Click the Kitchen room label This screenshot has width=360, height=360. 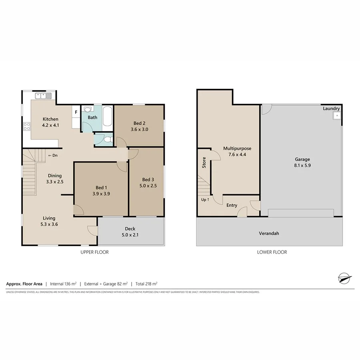pyautogui.click(x=51, y=119)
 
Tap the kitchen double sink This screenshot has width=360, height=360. pyautogui.click(x=43, y=96)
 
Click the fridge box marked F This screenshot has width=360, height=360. pyautogui.click(x=76, y=112)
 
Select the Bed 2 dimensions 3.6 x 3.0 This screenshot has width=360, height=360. pyautogui.click(x=139, y=129)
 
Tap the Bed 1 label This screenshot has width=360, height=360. pyautogui.click(x=101, y=188)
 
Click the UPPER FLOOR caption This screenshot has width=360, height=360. pyautogui.click(x=94, y=252)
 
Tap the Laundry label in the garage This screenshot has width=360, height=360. pyautogui.click(x=332, y=108)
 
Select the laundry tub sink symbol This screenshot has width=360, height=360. pyautogui.click(x=336, y=116)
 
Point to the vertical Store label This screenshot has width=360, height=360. pyautogui.click(x=204, y=162)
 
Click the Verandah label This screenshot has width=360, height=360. pyautogui.click(x=269, y=233)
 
